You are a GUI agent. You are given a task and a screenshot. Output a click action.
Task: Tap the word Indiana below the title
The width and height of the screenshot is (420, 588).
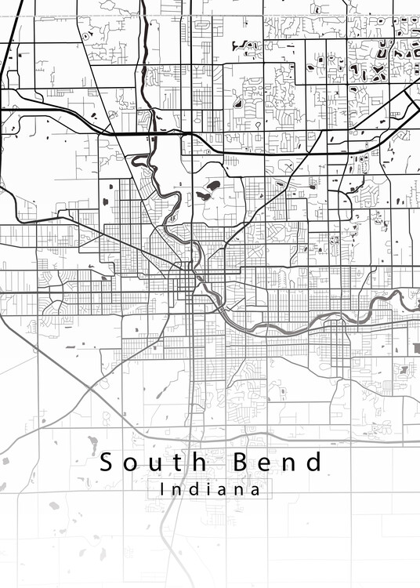click(210, 490)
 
